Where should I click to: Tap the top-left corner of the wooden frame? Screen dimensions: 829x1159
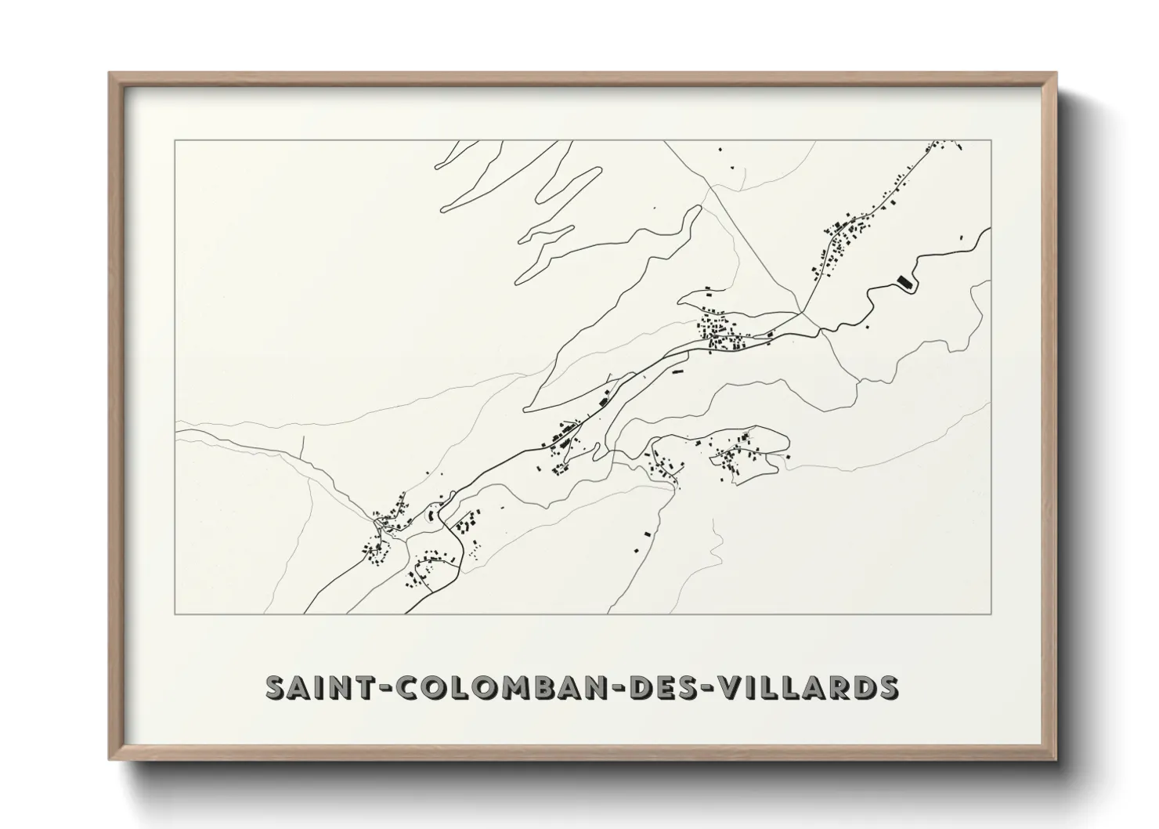point(110,74)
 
